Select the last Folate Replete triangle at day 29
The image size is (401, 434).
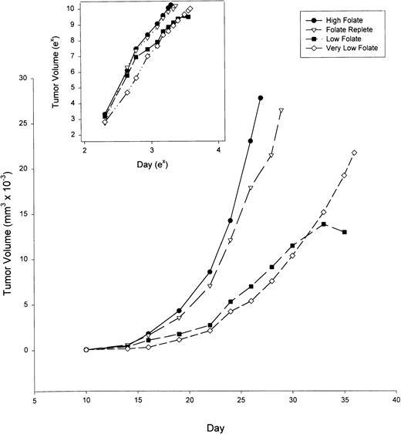pyautogui.click(x=281, y=111)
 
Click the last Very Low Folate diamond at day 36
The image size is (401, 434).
pyautogui.click(x=354, y=153)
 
